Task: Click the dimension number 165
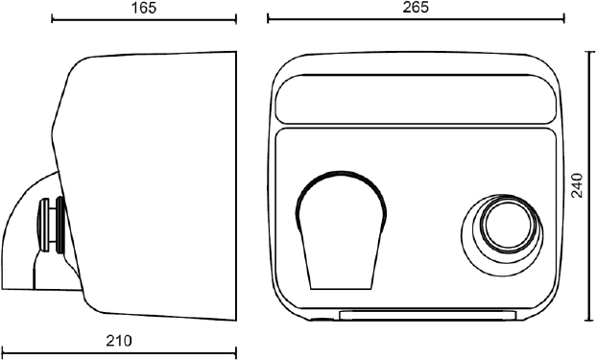point(144,8)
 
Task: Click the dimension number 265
point(416,8)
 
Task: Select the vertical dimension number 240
point(577,185)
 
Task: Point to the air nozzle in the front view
point(341,230)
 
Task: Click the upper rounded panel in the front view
point(416,99)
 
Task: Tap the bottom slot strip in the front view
point(428,315)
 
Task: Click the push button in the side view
point(51,225)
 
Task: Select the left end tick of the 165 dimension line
point(52,19)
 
